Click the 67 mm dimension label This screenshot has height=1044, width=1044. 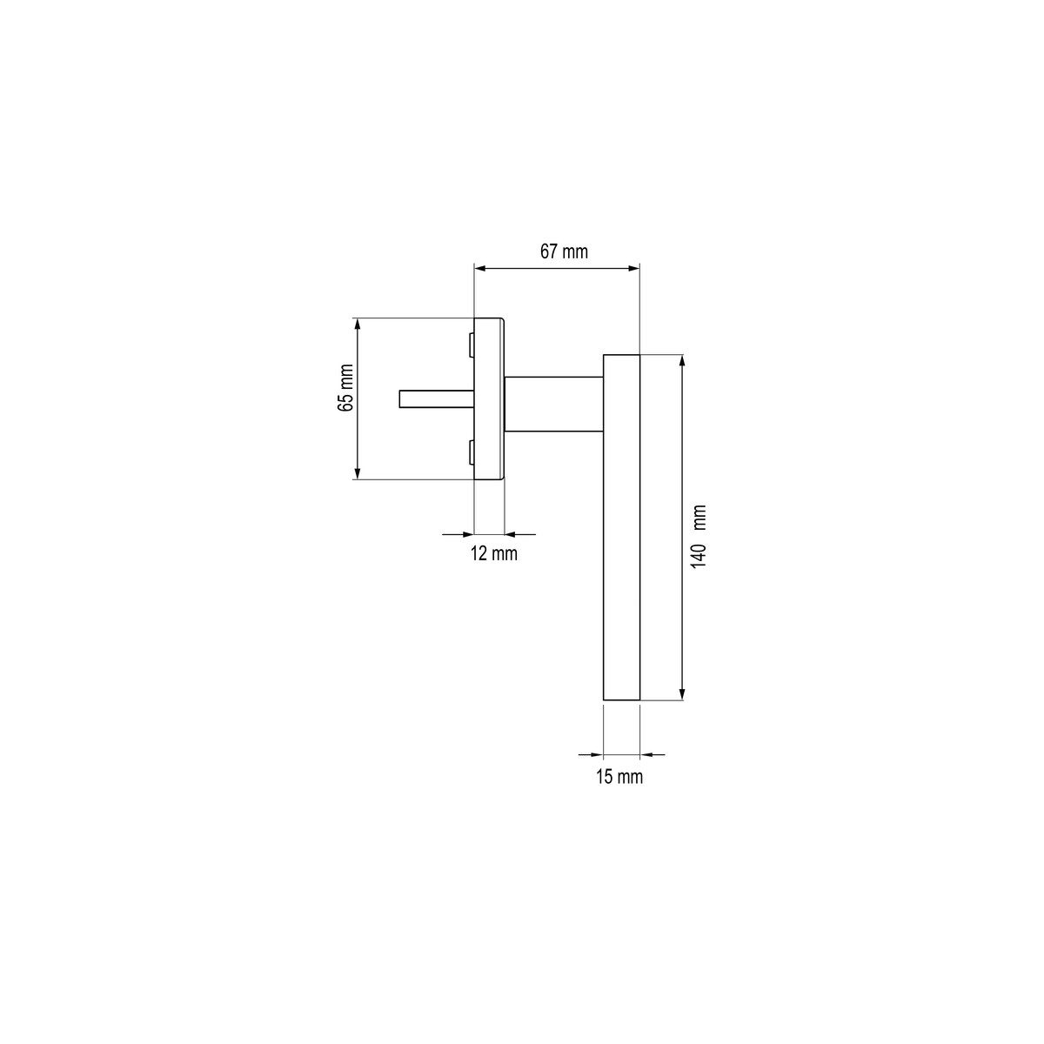coord(564,252)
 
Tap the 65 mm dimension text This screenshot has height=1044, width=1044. coord(345,388)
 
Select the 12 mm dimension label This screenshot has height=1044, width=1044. coord(493,553)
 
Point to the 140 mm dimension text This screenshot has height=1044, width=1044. coord(699,537)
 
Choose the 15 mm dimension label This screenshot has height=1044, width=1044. coord(619,776)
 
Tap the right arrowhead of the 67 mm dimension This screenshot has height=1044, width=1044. coord(634,268)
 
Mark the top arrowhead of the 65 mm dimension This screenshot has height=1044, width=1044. coord(357,324)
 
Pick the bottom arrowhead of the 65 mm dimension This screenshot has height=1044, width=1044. coord(357,473)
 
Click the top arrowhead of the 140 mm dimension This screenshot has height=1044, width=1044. coord(682,361)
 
